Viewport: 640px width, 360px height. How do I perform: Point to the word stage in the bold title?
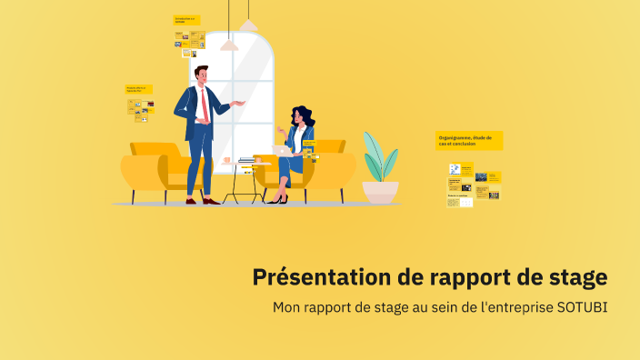tap(578, 276)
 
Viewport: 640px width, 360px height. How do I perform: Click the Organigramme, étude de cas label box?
tap(469, 140)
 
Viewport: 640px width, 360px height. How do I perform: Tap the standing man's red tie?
tap(205, 105)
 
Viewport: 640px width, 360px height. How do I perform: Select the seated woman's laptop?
tap(281, 151)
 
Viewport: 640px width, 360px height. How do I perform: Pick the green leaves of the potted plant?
tap(379, 156)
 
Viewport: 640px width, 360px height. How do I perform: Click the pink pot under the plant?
tap(380, 192)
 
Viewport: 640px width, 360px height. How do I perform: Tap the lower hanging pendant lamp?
tap(229, 44)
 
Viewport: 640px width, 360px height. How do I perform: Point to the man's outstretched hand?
tap(240, 104)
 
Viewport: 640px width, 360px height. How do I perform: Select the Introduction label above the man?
tap(186, 19)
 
